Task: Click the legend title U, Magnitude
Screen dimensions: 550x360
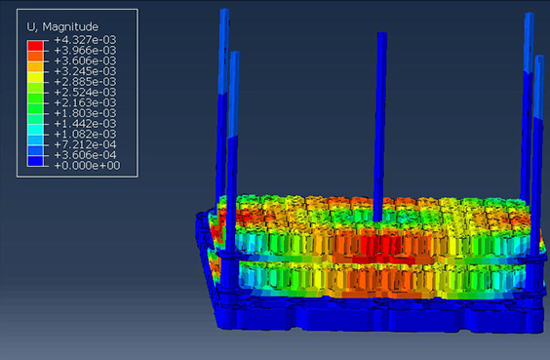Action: click(x=62, y=26)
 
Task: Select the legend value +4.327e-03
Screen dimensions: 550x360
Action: click(x=85, y=40)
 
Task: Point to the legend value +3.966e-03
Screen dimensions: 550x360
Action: click(x=85, y=50)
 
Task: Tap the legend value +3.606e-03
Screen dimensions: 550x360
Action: click(x=85, y=60)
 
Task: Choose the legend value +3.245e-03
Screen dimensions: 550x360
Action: click(x=85, y=71)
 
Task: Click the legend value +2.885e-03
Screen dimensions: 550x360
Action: click(x=85, y=82)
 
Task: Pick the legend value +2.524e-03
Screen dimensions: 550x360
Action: click(x=85, y=93)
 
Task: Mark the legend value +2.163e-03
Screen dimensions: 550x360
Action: click(x=85, y=102)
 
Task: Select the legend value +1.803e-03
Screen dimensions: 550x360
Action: click(x=85, y=113)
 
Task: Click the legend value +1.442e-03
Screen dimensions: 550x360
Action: click(x=85, y=124)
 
